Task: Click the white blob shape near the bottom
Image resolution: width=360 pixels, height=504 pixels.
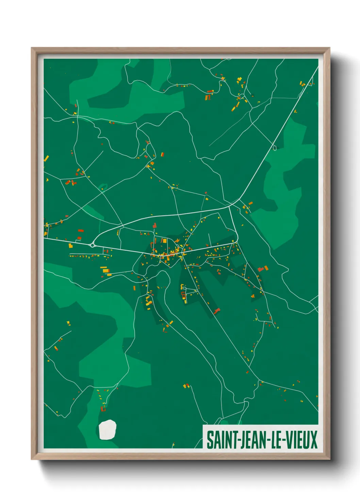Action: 108,430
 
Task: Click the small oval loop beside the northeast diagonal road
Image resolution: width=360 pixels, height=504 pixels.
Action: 274,147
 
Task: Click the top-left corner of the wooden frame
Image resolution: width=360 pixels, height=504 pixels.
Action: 32,48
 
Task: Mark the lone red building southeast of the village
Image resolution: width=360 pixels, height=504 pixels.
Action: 217,310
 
